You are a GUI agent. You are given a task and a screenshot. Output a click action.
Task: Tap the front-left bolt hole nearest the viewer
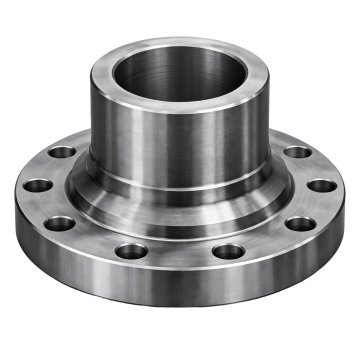[127, 251]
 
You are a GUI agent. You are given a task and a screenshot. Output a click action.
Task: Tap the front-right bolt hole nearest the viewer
[229, 251]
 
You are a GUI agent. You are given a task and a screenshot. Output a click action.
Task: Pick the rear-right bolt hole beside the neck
[297, 153]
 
